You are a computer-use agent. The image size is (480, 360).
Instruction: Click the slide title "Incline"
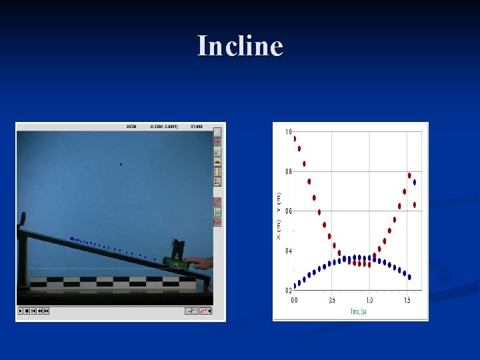coord(240,46)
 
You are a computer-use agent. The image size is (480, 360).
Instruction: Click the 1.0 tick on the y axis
coord(289,131)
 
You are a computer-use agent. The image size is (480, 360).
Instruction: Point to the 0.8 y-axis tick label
coord(289,171)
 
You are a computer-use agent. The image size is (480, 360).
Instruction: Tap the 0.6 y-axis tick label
coord(289,211)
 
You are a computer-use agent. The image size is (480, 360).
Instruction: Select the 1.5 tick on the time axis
coord(407,301)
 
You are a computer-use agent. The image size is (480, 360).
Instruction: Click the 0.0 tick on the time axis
coord(295,301)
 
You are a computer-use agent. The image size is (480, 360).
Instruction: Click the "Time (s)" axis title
coord(358,311)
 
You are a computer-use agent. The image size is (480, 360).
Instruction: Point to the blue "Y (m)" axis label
coord(279,202)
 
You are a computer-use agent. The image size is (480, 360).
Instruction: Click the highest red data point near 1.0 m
coord(295,139)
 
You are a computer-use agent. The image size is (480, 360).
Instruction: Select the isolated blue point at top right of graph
coord(415,181)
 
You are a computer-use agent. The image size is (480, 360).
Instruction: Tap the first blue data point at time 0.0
coord(295,285)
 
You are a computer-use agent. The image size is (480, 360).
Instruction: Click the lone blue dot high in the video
coord(121,164)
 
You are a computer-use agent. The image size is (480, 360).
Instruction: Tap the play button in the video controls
coord(21,311)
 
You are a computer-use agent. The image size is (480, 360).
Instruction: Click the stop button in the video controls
coord(27,311)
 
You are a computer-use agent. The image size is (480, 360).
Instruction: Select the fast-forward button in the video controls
coord(47,311)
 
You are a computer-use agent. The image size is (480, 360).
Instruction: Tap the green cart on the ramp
coord(177,257)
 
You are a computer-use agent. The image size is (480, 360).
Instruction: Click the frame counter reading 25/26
coord(131,125)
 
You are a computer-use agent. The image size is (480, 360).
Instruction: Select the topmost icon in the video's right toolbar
coord(217,132)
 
